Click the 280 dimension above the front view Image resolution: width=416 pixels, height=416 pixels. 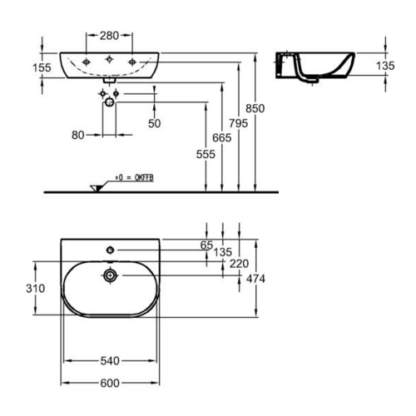[109, 36]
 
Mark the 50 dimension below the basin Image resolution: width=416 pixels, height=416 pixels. [155, 123]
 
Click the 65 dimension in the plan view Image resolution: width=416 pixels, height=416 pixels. [207, 245]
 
